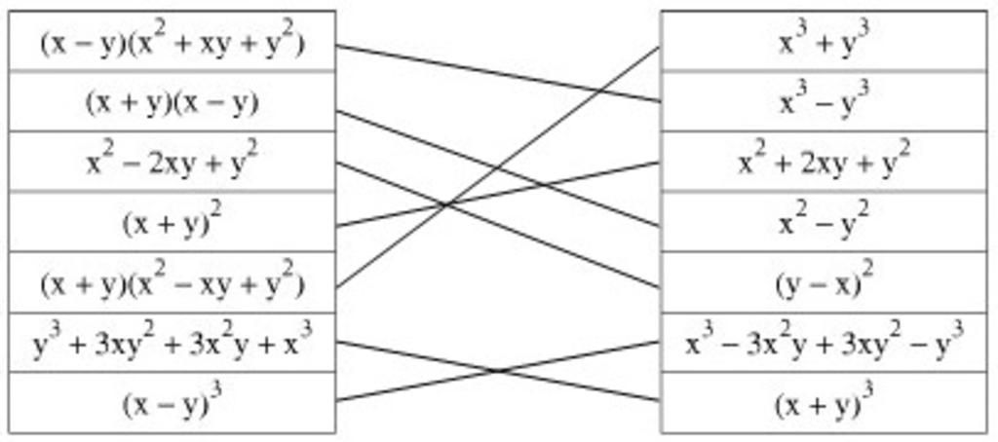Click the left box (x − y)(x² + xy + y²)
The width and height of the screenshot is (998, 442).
[x=172, y=41]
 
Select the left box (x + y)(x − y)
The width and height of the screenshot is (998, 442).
[x=172, y=101]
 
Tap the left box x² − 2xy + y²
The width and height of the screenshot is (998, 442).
[x=172, y=161]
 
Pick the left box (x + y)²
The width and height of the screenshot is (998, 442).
[x=172, y=221]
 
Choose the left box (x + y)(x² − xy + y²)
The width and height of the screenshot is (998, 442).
[x=172, y=281]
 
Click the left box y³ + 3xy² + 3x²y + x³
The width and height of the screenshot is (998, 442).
[x=172, y=342]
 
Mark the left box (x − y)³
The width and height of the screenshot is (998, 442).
[x=172, y=402]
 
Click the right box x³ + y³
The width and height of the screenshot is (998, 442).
[x=825, y=41]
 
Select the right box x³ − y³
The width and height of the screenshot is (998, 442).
[x=825, y=101]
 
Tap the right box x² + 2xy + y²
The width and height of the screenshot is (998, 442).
[x=825, y=161]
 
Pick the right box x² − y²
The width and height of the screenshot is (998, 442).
[x=825, y=221]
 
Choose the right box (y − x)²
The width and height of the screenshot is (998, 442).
[x=825, y=281]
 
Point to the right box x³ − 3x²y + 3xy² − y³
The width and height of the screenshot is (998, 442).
[x=825, y=342]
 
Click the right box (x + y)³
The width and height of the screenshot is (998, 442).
[x=825, y=402]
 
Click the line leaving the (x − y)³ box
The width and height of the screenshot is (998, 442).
[x=498, y=371]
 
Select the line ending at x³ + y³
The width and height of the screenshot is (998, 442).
[x=498, y=166]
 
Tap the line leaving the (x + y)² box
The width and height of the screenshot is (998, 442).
[x=498, y=194]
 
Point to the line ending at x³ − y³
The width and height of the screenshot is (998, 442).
[x=498, y=73]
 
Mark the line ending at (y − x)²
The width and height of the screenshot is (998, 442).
[x=498, y=226]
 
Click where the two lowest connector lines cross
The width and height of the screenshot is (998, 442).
[x=498, y=371]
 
